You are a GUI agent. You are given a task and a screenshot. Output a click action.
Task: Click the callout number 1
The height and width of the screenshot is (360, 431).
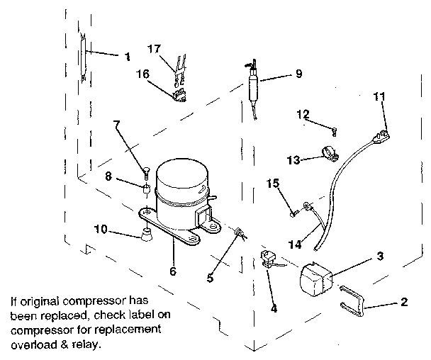point(127,55)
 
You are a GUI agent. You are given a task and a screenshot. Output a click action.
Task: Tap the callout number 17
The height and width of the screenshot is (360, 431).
point(155,49)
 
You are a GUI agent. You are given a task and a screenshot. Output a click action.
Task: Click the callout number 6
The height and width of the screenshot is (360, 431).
point(173,271)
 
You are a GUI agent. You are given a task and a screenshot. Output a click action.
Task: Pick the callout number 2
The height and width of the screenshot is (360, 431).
point(404,303)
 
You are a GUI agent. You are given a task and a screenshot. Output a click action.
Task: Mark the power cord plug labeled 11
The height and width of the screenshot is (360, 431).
point(384,133)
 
